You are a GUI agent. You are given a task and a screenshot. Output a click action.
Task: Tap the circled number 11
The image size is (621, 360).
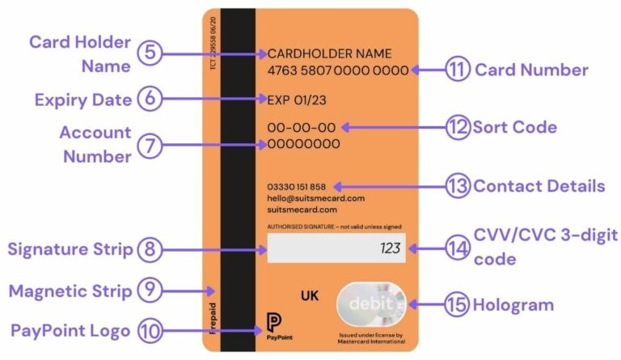[458, 70]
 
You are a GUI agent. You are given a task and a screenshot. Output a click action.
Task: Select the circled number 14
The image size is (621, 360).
[458, 248]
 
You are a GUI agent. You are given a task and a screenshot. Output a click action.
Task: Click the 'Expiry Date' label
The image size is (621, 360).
[83, 100]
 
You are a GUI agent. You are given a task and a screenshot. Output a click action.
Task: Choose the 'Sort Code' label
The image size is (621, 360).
[515, 127]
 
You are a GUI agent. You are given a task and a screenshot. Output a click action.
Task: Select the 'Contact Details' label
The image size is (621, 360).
[539, 186]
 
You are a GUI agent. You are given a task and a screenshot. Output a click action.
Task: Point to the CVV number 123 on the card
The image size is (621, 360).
[391, 248]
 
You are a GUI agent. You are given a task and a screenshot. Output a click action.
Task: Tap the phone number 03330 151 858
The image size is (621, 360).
[297, 186]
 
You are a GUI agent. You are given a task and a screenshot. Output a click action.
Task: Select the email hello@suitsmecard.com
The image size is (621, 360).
[316, 197]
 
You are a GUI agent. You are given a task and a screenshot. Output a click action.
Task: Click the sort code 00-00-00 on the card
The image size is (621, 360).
[301, 127]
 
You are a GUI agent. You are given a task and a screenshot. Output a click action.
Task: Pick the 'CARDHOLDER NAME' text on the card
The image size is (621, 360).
[330, 53]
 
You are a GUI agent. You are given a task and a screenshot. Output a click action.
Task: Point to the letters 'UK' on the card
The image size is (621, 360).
[310, 296]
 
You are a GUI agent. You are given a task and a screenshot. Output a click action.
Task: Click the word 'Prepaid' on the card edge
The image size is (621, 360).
[213, 318]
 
